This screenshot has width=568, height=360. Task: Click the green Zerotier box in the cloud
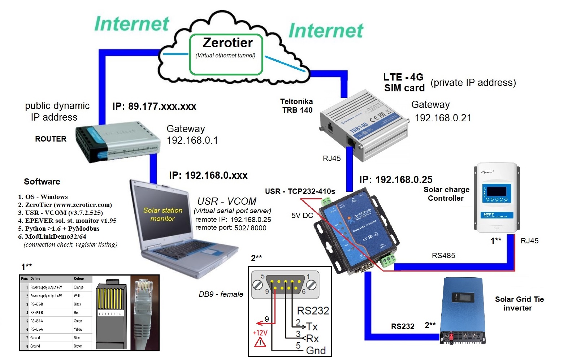point(226,54)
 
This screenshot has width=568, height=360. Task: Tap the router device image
point(117,141)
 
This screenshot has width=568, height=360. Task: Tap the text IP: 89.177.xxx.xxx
point(154,107)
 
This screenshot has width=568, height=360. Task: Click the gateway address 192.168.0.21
point(443,118)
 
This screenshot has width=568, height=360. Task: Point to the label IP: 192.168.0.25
point(396,180)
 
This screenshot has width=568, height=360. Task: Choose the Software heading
point(42,182)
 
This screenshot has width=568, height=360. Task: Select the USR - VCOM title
point(227,201)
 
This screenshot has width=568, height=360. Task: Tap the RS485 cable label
point(443,256)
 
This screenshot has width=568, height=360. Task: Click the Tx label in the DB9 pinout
point(312,326)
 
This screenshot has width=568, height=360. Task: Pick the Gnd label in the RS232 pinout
point(316,350)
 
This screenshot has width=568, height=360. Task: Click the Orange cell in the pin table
point(79,287)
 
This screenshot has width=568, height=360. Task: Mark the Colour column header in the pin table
point(79,279)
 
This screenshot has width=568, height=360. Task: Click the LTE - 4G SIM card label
point(404,83)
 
